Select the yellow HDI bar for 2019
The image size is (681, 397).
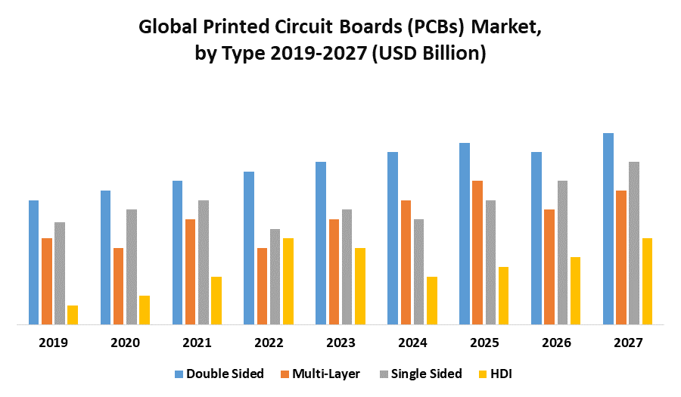[73, 315]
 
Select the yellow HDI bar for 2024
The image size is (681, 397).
[431, 301]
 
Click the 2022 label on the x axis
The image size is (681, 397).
[269, 343]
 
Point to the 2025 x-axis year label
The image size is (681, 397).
[484, 343]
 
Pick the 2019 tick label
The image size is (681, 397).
[53, 343]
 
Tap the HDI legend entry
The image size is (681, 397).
[502, 374]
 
